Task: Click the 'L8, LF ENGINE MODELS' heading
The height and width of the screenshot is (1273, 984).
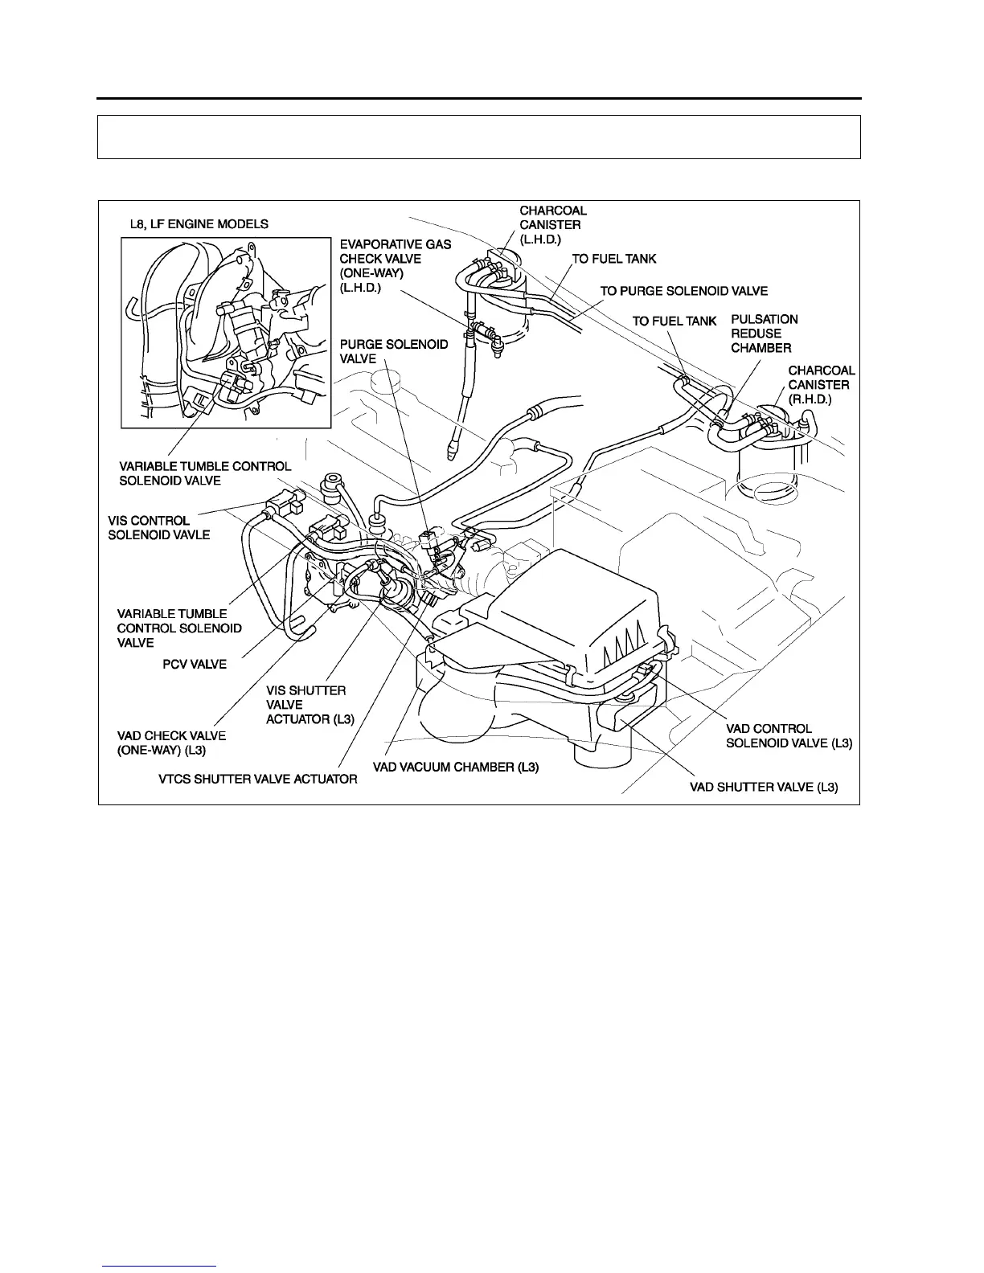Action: click(199, 224)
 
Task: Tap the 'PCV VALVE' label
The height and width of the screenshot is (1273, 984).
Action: click(195, 665)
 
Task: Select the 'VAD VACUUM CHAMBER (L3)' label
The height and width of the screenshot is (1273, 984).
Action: click(455, 767)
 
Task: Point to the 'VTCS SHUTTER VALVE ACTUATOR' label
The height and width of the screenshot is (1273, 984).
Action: click(257, 779)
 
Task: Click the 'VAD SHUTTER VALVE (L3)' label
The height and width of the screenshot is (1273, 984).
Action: click(764, 788)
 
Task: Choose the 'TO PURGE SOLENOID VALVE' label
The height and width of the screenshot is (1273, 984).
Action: click(683, 291)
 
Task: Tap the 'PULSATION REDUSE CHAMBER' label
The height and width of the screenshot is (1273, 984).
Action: click(764, 334)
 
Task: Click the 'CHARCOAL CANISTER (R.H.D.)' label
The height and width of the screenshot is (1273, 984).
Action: click(821, 385)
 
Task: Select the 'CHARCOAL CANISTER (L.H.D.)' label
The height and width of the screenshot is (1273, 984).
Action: click(552, 226)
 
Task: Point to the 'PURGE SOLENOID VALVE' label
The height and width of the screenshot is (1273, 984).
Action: click(393, 352)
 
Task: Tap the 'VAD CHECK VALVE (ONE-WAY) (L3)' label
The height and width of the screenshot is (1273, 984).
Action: click(171, 743)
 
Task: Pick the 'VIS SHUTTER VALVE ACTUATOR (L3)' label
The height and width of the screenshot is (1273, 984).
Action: click(310, 705)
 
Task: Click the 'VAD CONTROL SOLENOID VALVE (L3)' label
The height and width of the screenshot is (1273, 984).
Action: click(788, 736)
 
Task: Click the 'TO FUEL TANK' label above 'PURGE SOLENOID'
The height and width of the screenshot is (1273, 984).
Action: click(613, 259)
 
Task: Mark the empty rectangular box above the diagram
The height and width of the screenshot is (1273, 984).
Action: click(478, 137)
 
